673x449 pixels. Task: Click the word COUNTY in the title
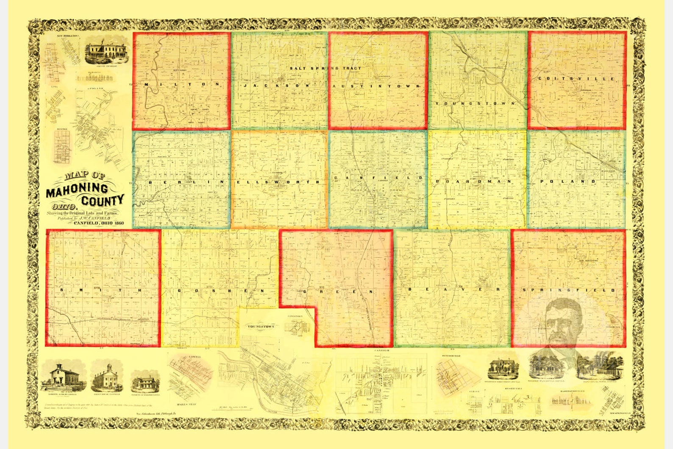pos(103,200)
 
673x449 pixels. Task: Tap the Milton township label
pos(182,84)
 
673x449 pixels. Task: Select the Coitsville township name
pos(576,79)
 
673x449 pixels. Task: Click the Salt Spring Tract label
pos(325,68)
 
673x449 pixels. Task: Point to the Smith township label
pos(103,290)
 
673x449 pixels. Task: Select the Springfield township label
pos(568,290)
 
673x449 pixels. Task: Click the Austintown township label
pos(376,86)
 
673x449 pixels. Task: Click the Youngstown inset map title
pos(261,326)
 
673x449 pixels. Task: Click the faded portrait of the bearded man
pos(564,322)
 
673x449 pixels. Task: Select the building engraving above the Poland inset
pos(106,53)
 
